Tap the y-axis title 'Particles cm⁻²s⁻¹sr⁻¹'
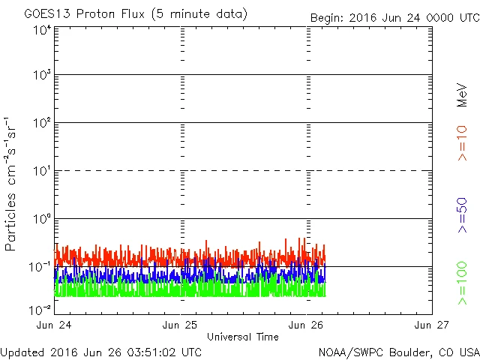[11, 184]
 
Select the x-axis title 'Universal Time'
[243, 337]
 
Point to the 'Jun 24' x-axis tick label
[56, 325]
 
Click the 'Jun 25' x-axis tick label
[181, 325]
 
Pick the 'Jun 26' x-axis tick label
[307, 325]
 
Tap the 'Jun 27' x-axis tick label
[432, 325]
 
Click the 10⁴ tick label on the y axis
[41, 31]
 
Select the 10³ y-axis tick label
[41, 76]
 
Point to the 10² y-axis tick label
[41, 124]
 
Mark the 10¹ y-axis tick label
[41, 172]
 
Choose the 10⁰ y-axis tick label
[41, 220]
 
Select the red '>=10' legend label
[463, 143]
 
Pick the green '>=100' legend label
[463, 283]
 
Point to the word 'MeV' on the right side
[463, 95]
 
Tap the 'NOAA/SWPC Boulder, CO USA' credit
[398, 352]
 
